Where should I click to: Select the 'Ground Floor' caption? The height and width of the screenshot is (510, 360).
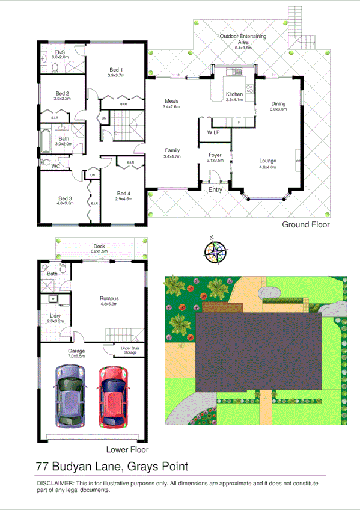(x=306, y=224)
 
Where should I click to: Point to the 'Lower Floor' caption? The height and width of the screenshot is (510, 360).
(x=127, y=449)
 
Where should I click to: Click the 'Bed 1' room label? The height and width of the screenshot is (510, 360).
(x=117, y=69)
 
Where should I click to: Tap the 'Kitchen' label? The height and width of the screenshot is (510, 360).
(x=234, y=94)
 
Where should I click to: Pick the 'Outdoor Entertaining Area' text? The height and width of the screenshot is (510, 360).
(x=243, y=37)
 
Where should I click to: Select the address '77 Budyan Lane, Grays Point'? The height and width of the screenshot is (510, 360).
(x=112, y=466)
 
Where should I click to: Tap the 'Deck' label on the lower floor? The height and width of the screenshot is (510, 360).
(x=98, y=245)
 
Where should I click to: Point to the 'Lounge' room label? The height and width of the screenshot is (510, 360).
(x=267, y=161)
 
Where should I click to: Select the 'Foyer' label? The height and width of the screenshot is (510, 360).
(x=215, y=155)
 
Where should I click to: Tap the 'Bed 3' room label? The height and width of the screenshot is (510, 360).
(x=66, y=198)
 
